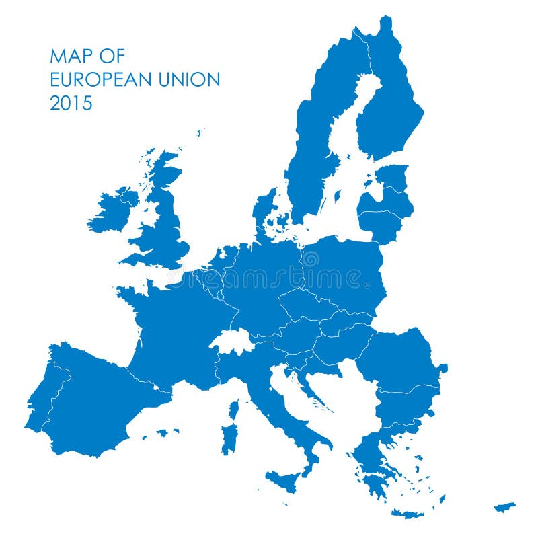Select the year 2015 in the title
[71, 104]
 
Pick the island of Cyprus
[504, 506]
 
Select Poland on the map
[343, 272]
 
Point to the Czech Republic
[306, 306]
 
